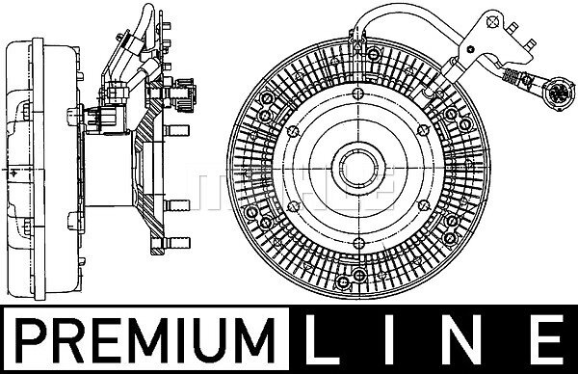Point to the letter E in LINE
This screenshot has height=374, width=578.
tap(548, 339)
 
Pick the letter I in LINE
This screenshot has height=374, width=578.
tap(388, 339)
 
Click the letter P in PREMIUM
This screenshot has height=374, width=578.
tap(32, 339)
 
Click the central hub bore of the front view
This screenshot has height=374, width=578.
tap(358, 168)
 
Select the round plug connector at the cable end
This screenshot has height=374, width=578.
tap(560, 93)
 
